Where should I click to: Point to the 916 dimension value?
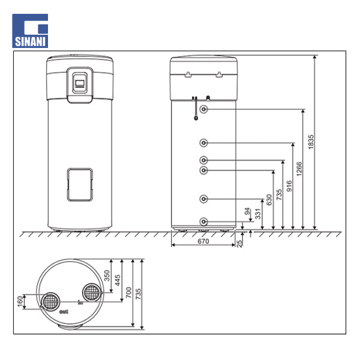tap(289, 185)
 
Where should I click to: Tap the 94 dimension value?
tap(247, 211)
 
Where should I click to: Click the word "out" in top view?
tap(64, 313)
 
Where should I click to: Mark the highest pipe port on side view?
tap(204, 109)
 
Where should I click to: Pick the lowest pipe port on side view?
tap(204, 221)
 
